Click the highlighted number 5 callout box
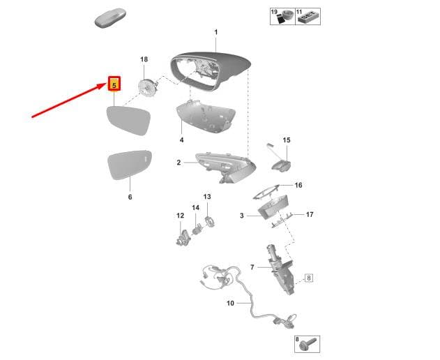[114, 84]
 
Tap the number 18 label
[144, 59]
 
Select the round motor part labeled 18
[148, 87]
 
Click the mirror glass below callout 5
[128, 121]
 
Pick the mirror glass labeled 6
[130, 165]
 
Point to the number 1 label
[215, 33]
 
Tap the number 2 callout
[179, 163]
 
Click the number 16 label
[298, 185]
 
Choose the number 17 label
[310, 215]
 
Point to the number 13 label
[207, 197]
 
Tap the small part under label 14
[197, 228]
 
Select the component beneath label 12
[183, 238]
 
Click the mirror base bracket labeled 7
[280, 269]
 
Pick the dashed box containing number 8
[309, 278]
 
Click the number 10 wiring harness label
[230, 303]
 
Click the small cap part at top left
[110, 18]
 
